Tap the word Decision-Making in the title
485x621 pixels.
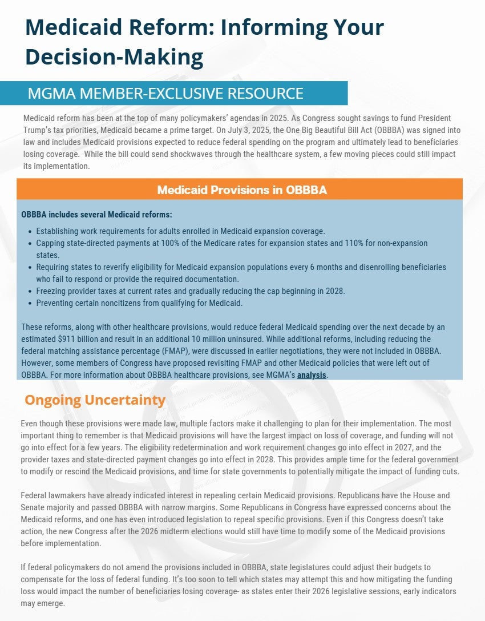click(x=114, y=57)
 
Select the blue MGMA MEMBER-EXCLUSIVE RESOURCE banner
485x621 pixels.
click(x=173, y=93)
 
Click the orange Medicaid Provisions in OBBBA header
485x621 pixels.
click(x=241, y=189)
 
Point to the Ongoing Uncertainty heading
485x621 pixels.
click(x=95, y=400)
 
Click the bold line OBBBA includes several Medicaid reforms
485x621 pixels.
click(x=96, y=215)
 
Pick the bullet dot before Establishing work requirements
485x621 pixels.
click(x=29, y=232)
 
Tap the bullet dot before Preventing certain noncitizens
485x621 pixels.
click(x=29, y=303)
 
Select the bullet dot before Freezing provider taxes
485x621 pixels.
click(x=29, y=291)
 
